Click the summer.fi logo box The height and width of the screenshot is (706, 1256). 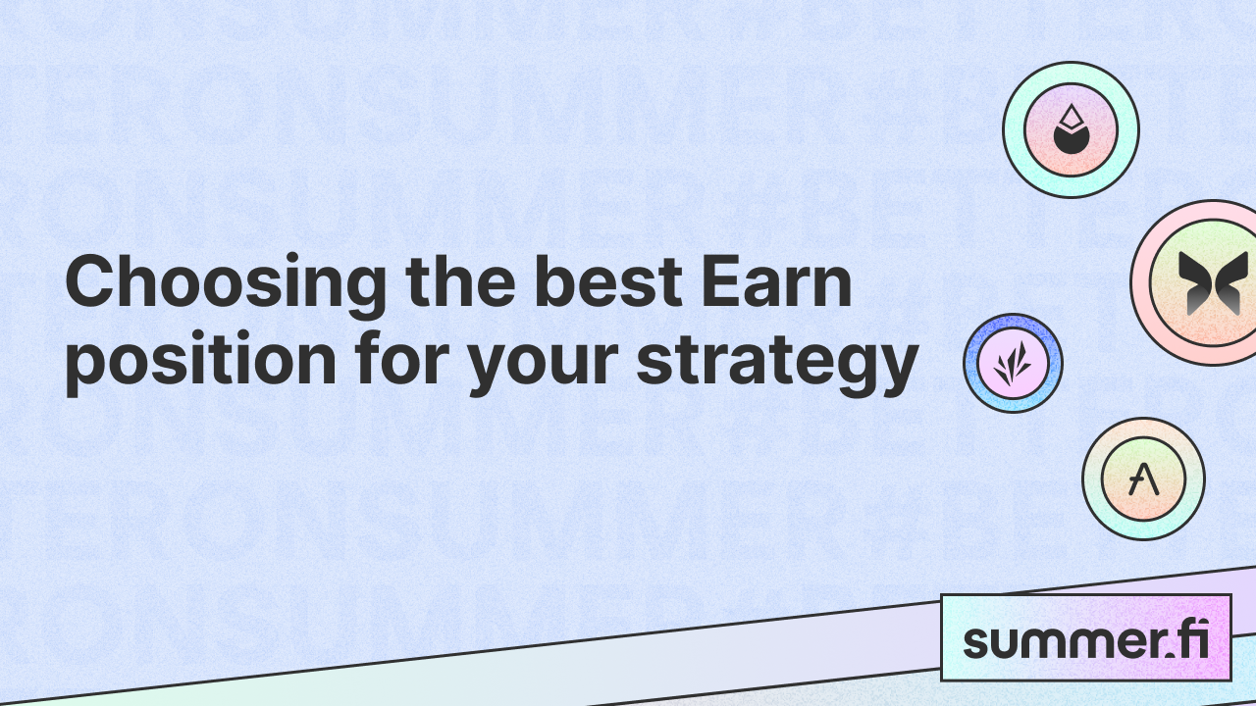point(1085,638)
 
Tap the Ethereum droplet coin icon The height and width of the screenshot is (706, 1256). point(1071,129)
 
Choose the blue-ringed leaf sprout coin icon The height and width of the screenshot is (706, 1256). point(1014,363)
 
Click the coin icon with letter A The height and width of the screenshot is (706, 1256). point(1143,479)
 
